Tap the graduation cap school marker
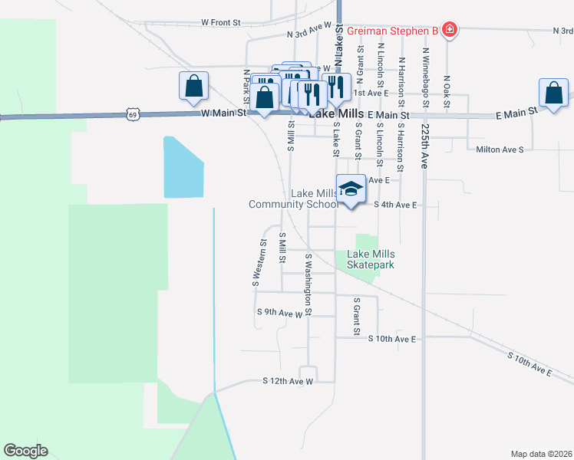pyautogui.click(x=351, y=191)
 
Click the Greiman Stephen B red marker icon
pyautogui.click(x=450, y=31)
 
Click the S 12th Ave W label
pyautogui.click(x=288, y=380)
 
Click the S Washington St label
pyautogui.click(x=308, y=285)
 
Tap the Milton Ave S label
pyautogui.click(x=500, y=149)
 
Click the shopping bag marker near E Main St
pyautogui.click(x=553, y=94)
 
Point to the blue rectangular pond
pyautogui.click(x=183, y=168)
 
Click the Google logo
pyautogui.click(x=25, y=451)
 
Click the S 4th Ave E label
pyautogui.click(x=395, y=205)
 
